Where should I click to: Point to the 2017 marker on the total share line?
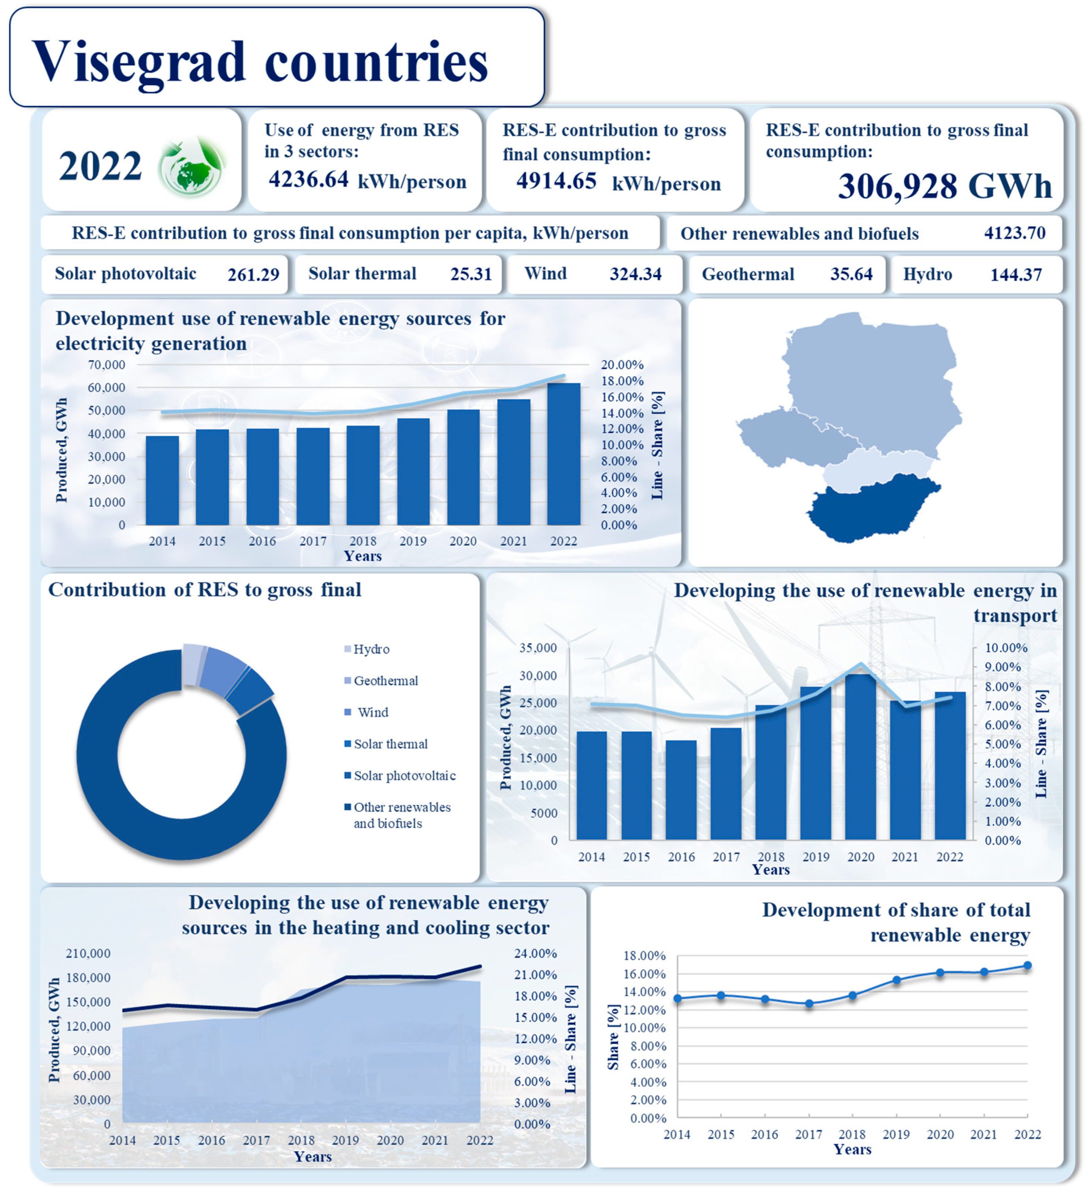coord(809,1004)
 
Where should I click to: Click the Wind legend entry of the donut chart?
coord(372,713)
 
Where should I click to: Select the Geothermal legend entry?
coord(385,681)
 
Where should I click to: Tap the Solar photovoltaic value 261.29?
coord(253,275)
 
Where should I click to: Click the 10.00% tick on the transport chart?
coord(1005,648)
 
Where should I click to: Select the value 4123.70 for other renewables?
coord(1014,233)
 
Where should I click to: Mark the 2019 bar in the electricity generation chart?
coord(413,471)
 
